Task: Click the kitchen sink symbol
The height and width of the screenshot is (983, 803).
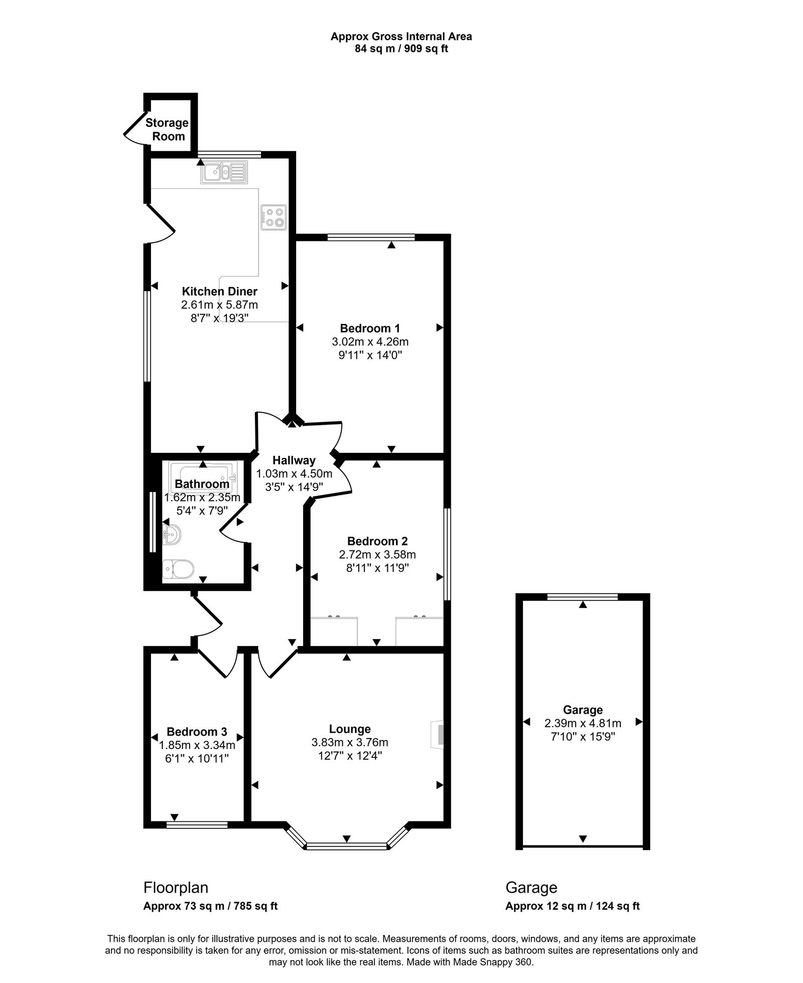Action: tap(224, 172)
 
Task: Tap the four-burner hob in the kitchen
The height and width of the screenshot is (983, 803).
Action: tap(274, 217)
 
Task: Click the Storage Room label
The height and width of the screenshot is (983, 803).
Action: tap(167, 130)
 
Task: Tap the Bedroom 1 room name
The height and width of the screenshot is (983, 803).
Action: tap(370, 328)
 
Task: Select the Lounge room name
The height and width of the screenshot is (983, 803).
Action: tap(350, 729)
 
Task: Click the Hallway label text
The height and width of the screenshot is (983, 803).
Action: tap(294, 460)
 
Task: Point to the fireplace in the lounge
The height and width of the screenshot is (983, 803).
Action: tap(438, 735)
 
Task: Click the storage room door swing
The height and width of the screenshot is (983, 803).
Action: tap(133, 129)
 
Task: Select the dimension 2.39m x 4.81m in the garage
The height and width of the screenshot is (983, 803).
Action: tap(583, 723)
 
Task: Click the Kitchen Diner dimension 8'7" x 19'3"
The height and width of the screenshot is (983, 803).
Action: tap(219, 318)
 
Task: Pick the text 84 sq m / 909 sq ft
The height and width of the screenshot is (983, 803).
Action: tap(401, 49)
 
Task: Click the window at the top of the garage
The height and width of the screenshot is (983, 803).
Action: tap(582, 596)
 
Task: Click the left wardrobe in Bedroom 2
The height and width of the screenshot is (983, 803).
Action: tap(334, 631)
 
